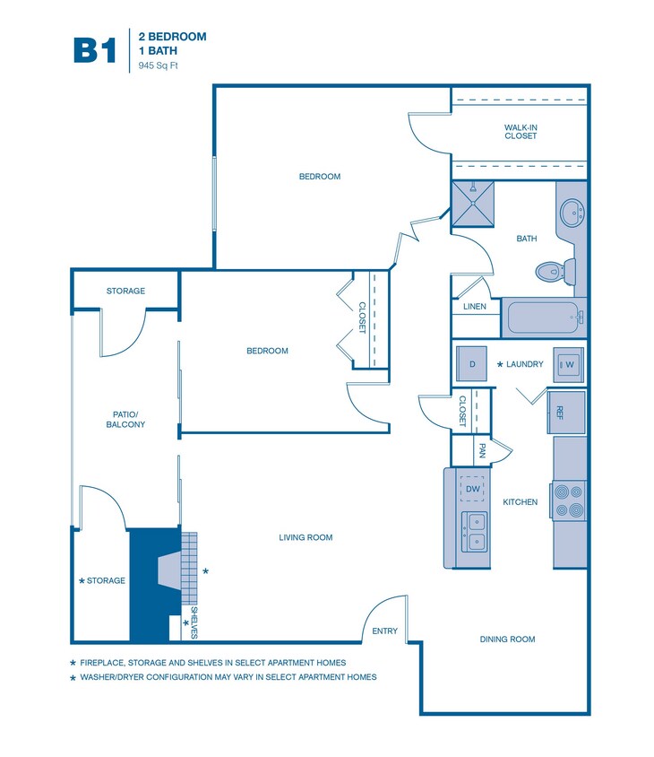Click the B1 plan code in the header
coord(94,50)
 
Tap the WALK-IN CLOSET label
coord(521,132)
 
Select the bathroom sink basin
coord(571,213)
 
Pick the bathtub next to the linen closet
coord(543,317)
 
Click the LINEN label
coord(475,307)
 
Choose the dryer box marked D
coord(471,363)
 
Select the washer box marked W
coord(568,364)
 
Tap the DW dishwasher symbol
coord(472,488)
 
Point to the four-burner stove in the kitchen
coord(568,501)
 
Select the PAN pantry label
coord(482,450)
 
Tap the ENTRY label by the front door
coord(384,631)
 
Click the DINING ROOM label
coord(508,640)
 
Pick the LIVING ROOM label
coord(305,538)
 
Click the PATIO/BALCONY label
coord(125,419)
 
